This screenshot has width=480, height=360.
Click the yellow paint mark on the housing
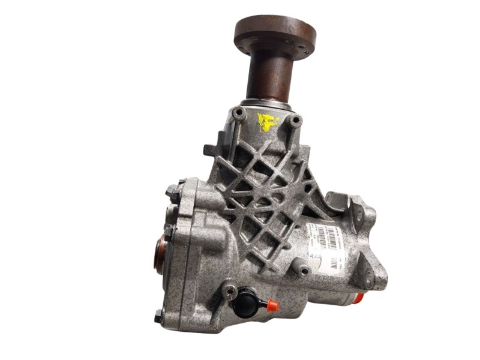[x=268, y=122]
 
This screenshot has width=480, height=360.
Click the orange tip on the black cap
[x=272, y=305]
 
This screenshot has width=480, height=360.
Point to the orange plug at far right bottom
[x=359, y=298]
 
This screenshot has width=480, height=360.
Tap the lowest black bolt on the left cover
[x=158, y=316]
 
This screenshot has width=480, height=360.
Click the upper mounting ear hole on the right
[x=359, y=216]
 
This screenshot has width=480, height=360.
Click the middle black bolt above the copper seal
[x=170, y=231]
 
